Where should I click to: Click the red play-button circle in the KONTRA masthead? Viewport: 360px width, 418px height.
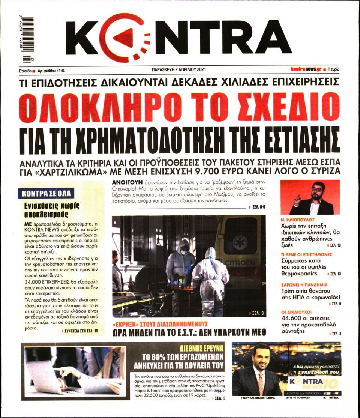pyautogui.click(x=120, y=38)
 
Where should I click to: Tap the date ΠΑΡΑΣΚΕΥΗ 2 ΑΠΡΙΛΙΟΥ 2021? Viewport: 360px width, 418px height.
pyautogui.click(x=177, y=69)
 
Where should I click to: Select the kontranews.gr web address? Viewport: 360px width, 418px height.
pyautogui.click(x=306, y=69)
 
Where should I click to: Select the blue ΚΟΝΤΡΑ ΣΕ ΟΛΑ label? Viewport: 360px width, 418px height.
pyautogui.click(x=46, y=194)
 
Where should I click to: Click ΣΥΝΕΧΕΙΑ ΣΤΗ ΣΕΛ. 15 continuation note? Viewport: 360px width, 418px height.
pyautogui.click(x=81, y=331)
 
